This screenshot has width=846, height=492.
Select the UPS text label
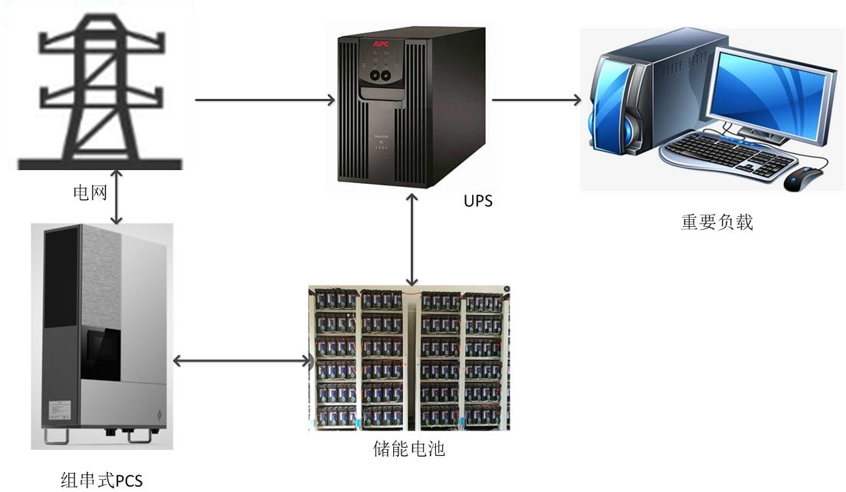pyautogui.click(x=478, y=202)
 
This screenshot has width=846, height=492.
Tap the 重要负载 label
pyautogui.click(x=716, y=222)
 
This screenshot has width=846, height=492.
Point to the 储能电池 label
pyautogui.click(x=408, y=448)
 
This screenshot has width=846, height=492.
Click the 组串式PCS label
pyautogui.click(x=101, y=481)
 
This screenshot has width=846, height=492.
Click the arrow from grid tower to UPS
pyautogui.click(x=265, y=100)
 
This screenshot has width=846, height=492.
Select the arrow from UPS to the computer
pyautogui.click(x=536, y=100)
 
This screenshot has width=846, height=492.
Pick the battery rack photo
pyautogui.click(x=408, y=358)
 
